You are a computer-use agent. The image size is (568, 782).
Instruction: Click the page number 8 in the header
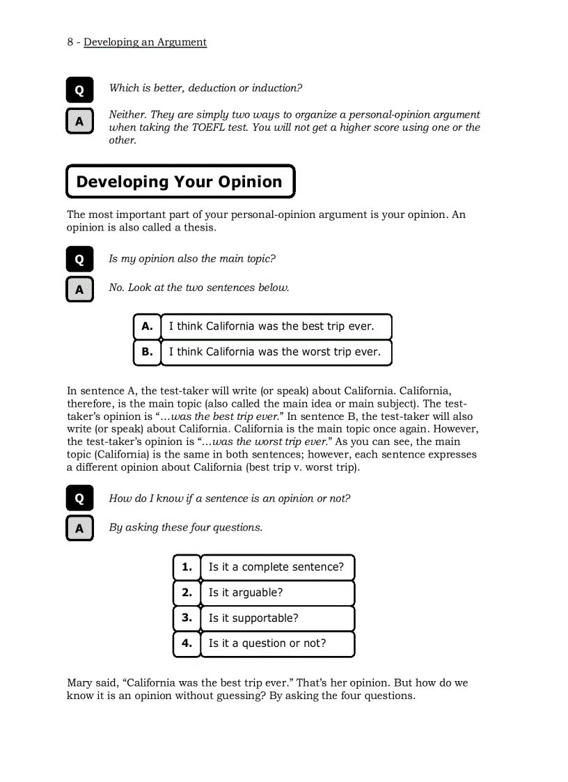[70, 42]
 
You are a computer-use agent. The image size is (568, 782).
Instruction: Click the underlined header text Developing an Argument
[145, 42]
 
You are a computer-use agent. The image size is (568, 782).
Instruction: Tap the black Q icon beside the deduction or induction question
[79, 91]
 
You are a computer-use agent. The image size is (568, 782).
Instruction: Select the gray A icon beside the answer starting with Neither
[79, 121]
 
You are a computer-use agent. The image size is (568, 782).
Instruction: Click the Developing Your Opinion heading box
[180, 182]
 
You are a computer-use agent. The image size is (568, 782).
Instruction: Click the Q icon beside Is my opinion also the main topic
[79, 260]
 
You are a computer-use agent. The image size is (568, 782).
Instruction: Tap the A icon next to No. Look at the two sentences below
[79, 289]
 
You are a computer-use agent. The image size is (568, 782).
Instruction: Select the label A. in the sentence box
[147, 326]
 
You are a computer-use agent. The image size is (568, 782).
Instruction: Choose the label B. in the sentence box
[147, 352]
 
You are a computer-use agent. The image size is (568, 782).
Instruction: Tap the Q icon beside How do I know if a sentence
[79, 499]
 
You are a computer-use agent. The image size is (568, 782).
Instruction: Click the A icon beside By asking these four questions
[79, 529]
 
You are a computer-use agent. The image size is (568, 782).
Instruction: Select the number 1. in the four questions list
[187, 567]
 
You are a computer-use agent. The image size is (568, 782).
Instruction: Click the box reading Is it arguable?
[277, 593]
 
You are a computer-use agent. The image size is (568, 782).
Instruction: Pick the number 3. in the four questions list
[187, 618]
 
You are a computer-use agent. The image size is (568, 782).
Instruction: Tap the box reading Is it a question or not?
[277, 643]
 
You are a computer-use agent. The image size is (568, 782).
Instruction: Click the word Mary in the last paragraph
[80, 683]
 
